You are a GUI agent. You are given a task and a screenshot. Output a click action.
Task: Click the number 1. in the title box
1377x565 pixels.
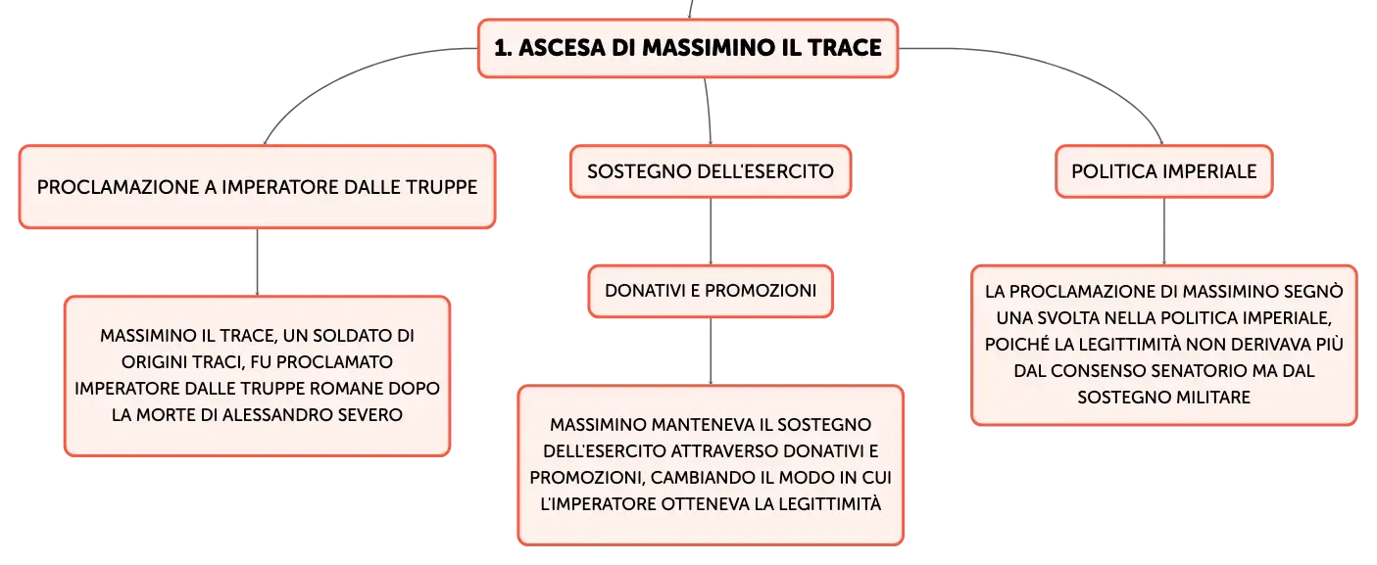click(504, 48)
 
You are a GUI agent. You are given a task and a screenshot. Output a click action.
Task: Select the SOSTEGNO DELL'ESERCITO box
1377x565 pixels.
click(711, 171)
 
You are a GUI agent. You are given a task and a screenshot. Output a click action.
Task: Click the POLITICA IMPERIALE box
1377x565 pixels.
click(1164, 171)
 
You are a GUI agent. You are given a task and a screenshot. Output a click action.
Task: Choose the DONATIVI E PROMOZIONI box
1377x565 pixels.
click(711, 291)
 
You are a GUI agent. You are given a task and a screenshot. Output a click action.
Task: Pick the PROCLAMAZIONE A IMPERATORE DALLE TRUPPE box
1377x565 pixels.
click(257, 187)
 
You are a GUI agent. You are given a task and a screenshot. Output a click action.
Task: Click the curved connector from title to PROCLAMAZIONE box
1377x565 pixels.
click(344, 72)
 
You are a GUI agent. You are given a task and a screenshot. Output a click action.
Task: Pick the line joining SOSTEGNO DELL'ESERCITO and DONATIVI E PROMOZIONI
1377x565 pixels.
click(711, 231)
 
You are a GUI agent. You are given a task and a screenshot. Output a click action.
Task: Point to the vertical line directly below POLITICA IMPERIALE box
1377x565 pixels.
click(1164, 231)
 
